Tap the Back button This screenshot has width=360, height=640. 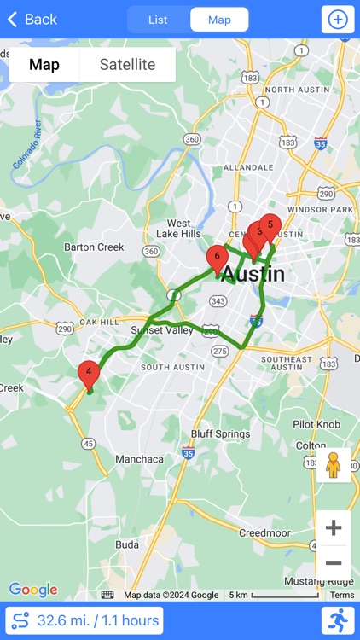click(32, 19)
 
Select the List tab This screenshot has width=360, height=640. click(158, 20)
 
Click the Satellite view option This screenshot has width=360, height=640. click(127, 65)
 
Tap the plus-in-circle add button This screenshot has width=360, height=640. click(338, 20)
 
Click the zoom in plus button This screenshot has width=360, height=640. click(334, 527)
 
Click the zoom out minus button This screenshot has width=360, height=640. click(334, 562)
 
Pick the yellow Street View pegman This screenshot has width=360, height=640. click(334, 466)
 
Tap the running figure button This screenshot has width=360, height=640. click(338, 620)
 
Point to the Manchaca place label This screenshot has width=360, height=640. click(140, 459)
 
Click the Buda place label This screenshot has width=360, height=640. click(127, 544)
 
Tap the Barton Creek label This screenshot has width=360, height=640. click(94, 247)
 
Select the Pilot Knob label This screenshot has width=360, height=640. click(316, 423)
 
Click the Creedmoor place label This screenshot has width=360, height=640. click(266, 532)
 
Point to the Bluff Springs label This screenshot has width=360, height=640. click(220, 433)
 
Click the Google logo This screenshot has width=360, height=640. click(33, 590)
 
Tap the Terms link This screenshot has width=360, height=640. click(342, 595)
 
